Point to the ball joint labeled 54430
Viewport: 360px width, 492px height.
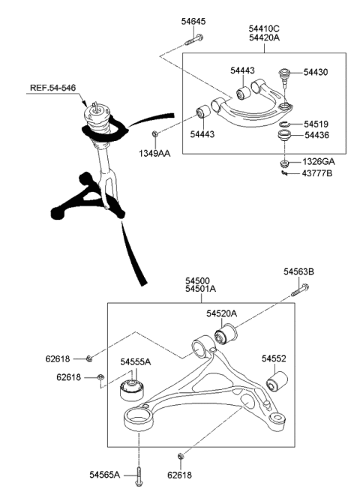click(x=285, y=76)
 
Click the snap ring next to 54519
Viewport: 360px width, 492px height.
click(x=286, y=124)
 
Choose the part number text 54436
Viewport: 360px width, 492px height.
click(x=316, y=136)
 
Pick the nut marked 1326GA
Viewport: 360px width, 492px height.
click(x=285, y=162)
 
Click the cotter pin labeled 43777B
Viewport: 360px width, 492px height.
click(x=285, y=174)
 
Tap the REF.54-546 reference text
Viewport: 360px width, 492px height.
click(x=53, y=88)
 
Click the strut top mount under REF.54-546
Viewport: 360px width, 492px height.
click(x=97, y=117)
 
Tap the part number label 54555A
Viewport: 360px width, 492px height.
click(x=136, y=362)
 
